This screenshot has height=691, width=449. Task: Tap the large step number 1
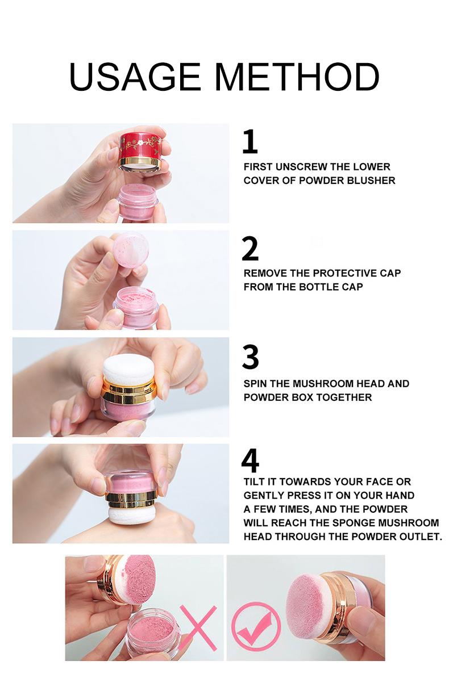250,141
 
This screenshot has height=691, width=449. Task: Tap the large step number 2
250,248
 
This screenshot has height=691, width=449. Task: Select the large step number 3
250,357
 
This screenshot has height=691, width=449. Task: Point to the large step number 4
250,460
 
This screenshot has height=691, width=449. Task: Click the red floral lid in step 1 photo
140,150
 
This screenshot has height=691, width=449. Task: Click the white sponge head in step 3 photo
128,370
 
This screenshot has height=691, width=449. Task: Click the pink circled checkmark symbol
256,622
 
